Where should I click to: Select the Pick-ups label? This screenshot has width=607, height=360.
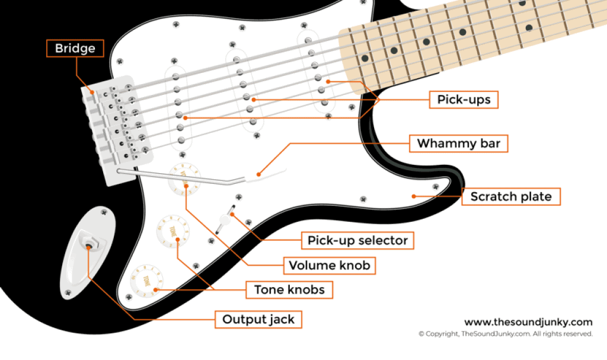point(464,100)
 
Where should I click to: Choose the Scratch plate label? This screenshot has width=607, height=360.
point(510,196)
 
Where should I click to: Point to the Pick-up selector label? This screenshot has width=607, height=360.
point(357,240)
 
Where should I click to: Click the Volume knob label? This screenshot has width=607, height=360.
point(329,265)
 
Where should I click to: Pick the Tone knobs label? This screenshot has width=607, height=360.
point(289,289)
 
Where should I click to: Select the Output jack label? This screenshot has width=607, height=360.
point(258,320)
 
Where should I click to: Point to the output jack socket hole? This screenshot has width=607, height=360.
point(88,244)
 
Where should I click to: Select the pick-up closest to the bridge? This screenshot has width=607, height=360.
point(178,107)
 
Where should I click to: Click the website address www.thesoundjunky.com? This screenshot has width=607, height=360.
point(528,322)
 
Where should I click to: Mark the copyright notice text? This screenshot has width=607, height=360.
point(505,334)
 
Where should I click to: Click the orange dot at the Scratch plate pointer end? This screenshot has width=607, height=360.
point(413,195)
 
